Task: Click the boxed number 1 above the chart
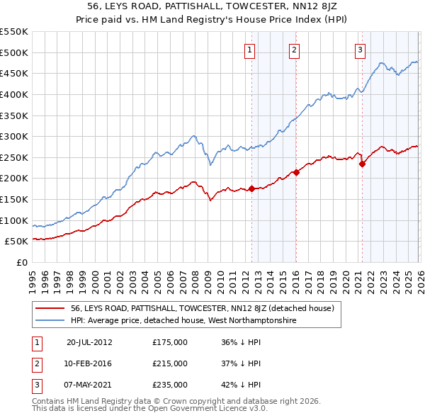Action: click(x=251, y=50)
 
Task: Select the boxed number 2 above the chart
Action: click(x=294, y=50)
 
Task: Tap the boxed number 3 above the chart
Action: click(x=361, y=50)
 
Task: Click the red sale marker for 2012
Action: click(x=251, y=188)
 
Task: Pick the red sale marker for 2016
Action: click(x=296, y=172)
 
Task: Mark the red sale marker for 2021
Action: click(x=362, y=164)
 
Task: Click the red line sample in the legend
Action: click(x=51, y=308)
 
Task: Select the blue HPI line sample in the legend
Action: click(x=51, y=321)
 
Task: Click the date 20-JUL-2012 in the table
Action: click(x=89, y=341)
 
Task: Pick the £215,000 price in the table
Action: click(x=170, y=363)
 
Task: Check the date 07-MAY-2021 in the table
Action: click(x=89, y=385)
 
